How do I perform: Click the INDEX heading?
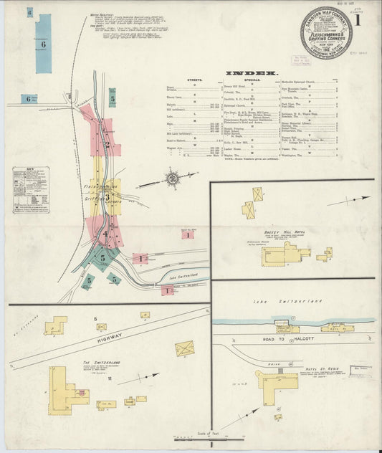(x=250, y=74)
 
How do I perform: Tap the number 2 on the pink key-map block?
(x=107, y=143)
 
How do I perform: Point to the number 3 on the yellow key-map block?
(x=105, y=192)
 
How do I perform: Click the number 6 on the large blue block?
(x=43, y=44)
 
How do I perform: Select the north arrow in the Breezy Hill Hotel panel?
(x=352, y=200)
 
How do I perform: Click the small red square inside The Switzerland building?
(x=82, y=392)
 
